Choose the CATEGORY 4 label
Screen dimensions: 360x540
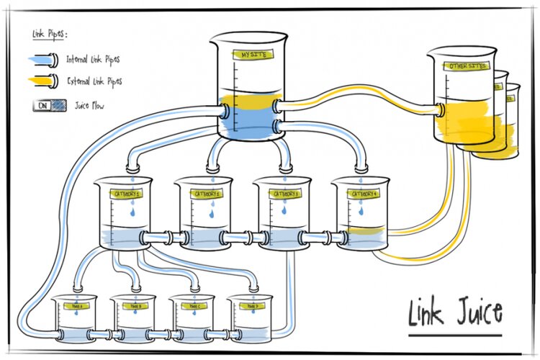point(359,194)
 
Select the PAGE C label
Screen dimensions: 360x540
point(194,307)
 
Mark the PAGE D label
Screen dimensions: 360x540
point(251,307)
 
